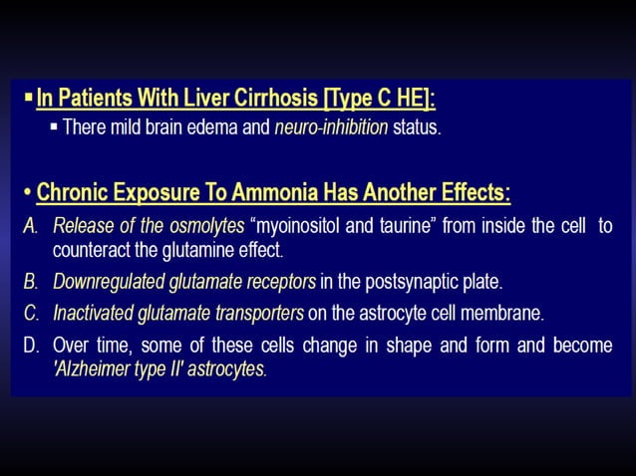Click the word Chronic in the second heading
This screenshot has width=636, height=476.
77,190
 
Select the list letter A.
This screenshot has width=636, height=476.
30,225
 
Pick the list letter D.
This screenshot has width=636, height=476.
30,346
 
